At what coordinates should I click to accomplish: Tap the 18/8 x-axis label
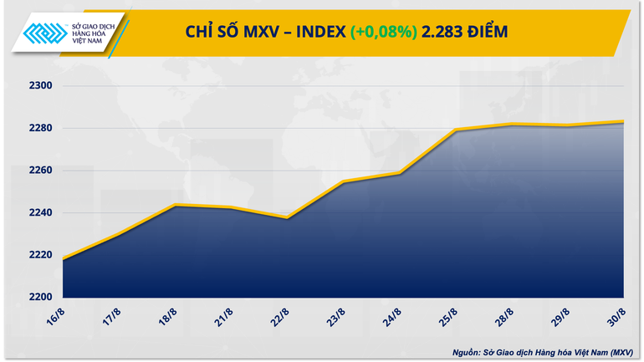166,317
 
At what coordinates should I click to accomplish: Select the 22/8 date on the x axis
279,317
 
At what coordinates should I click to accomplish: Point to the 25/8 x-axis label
448,317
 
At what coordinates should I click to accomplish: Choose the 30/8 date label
616,317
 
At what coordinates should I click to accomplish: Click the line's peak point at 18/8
174,205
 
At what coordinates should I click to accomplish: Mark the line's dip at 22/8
287,217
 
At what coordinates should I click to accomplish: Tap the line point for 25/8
455,130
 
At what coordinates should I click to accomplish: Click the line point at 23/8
343,181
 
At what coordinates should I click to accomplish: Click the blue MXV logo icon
43,32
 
